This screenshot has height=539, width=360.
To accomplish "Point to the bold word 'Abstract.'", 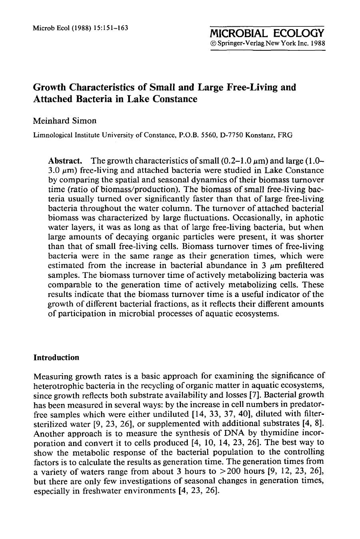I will click(65, 161).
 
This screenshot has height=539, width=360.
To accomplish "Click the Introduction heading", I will click(56, 357).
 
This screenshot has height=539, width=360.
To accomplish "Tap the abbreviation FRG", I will click(285, 135).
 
